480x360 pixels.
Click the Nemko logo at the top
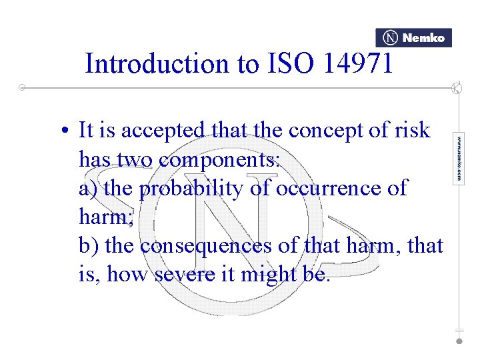tap(413, 38)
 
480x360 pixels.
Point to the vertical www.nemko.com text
tap(459, 157)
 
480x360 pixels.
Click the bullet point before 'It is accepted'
tap(69, 131)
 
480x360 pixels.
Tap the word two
tap(139, 160)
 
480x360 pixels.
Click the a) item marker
tap(88, 189)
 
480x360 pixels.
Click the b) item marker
tap(89, 246)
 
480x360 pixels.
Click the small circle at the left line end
tap(22, 87)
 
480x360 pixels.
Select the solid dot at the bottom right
tap(459, 340)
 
